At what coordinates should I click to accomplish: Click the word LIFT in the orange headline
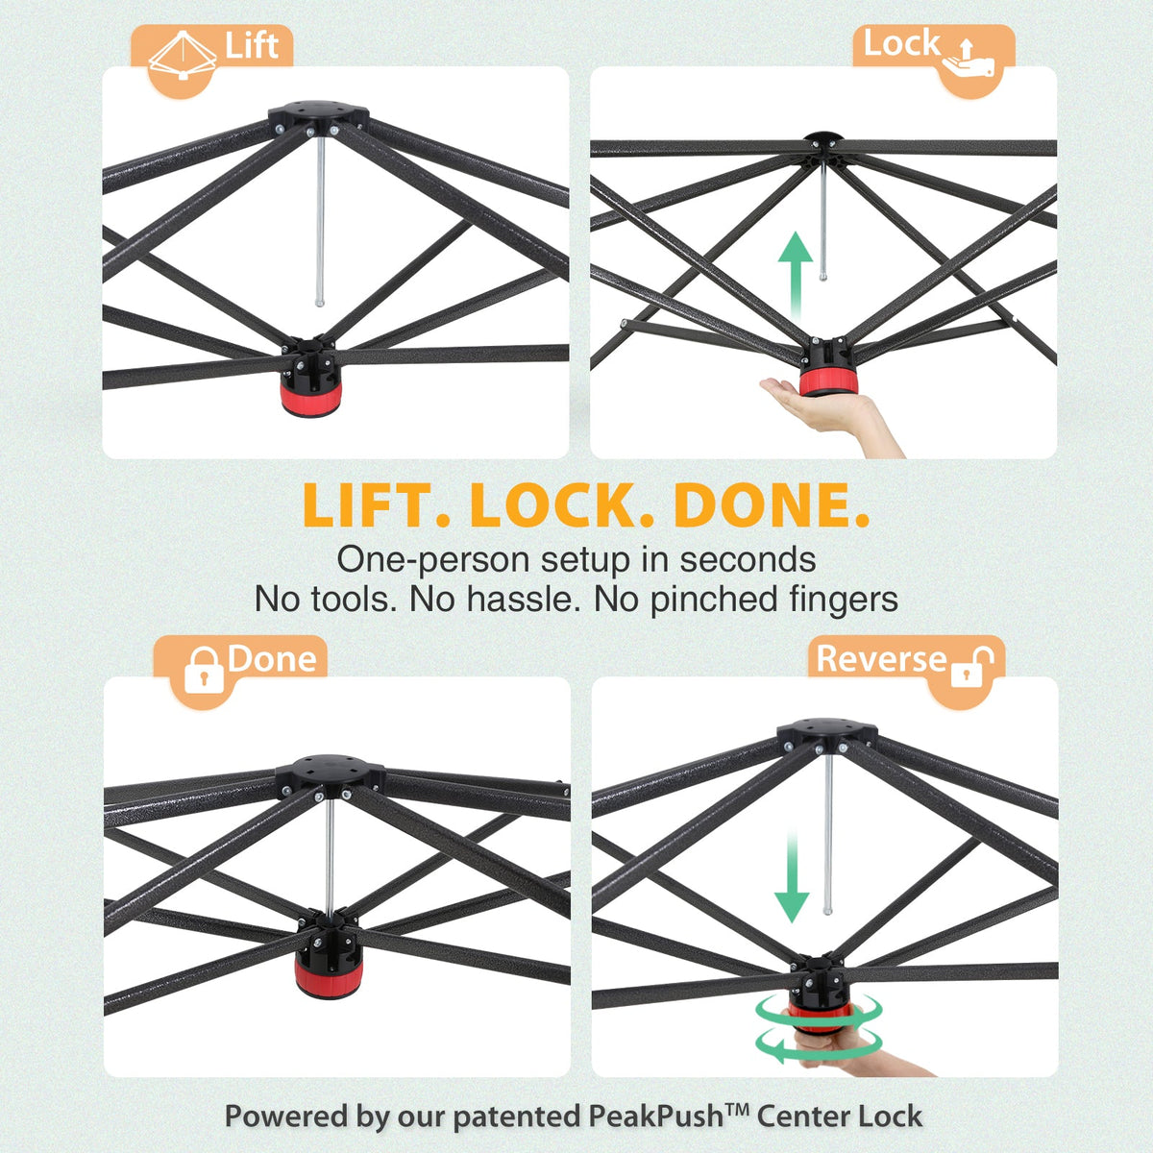pyautogui.click(x=377, y=504)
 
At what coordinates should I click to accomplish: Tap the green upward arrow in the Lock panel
pyautogui.click(x=796, y=277)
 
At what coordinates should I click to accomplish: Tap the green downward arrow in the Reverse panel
pyautogui.click(x=792, y=878)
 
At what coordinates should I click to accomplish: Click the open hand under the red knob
pyautogui.click(x=832, y=414)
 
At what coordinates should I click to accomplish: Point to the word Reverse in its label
pyautogui.click(x=881, y=659)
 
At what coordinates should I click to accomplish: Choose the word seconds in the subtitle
pyautogui.click(x=748, y=559)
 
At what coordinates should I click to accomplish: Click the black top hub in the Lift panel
pyautogui.click(x=318, y=115)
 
